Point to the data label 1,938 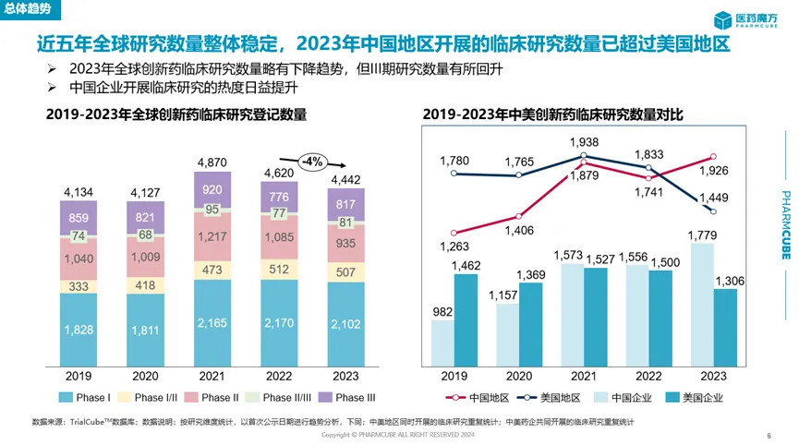pos(583,142)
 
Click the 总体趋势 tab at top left pos(28,7)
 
